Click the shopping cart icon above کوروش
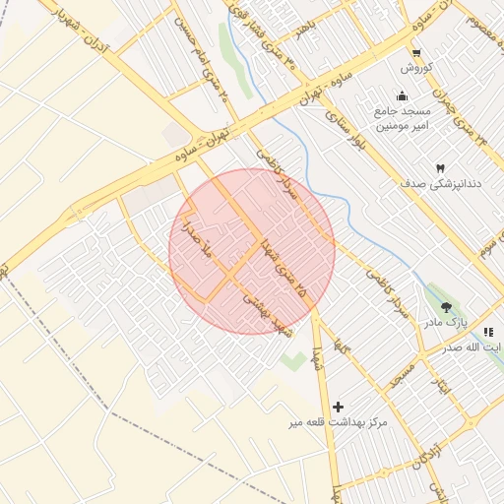[x=416, y=53]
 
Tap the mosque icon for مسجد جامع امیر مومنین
[x=402, y=95]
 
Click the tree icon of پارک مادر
[x=446, y=307]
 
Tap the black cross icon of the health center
[x=339, y=406]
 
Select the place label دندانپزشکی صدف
[x=439, y=184]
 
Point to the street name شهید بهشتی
[x=268, y=315]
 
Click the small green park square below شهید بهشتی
[x=292, y=360]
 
